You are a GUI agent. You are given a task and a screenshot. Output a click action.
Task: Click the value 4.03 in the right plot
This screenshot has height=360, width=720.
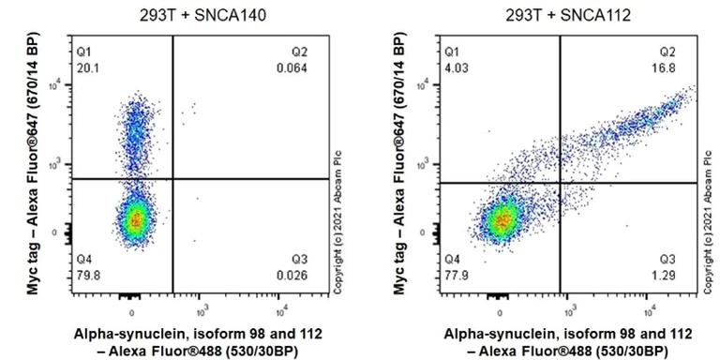coord(455,67)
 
